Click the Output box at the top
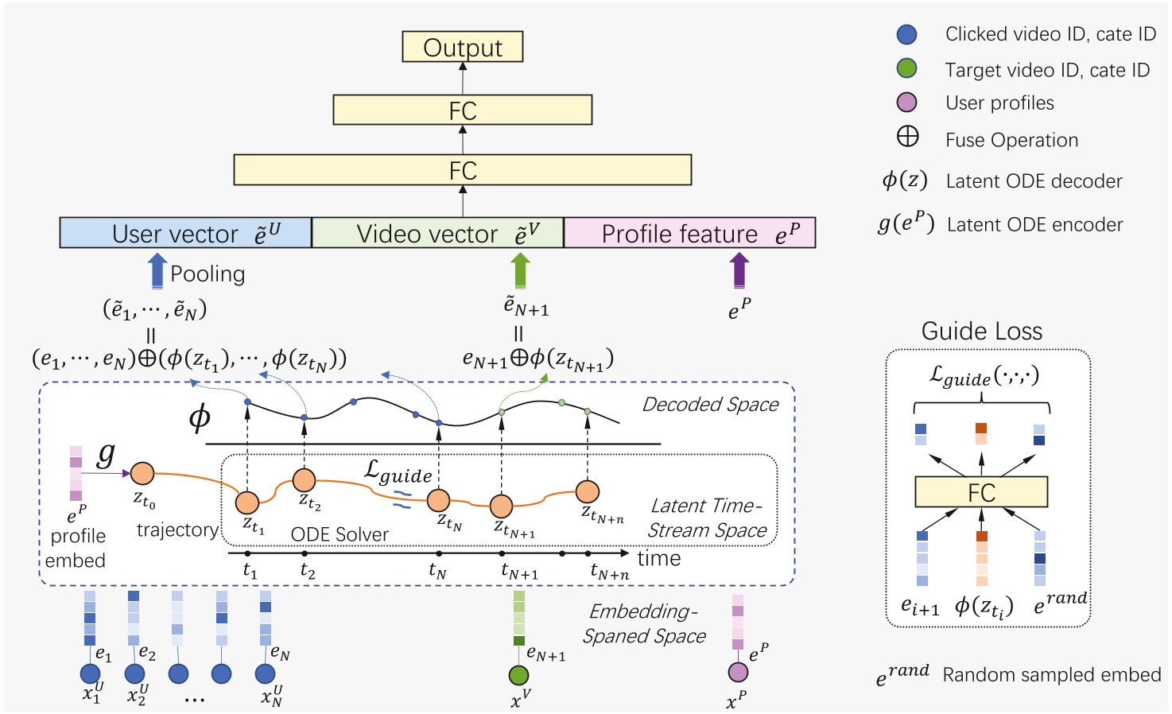click(x=462, y=47)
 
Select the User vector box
click(x=185, y=233)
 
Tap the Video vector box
click(x=437, y=233)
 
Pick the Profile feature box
click(x=689, y=233)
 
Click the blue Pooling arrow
click(x=157, y=270)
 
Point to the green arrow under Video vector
click(x=520, y=270)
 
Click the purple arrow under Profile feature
click(x=739, y=270)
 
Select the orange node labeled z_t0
click(x=142, y=473)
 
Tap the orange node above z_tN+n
click(x=587, y=492)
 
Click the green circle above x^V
click(x=518, y=675)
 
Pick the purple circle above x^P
click(x=738, y=673)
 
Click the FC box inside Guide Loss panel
click(x=981, y=492)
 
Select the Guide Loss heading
click(x=981, y=331)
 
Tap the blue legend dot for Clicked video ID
click(x=906, y=34)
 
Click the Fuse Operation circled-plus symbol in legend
click(x=907, y=138)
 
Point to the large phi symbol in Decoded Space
click(x=200, y=416)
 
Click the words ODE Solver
click(x=340, y=534)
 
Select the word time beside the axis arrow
click(x=658, y=558)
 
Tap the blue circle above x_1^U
click(x=90, y=673)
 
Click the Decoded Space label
click(x=710, y=404)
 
